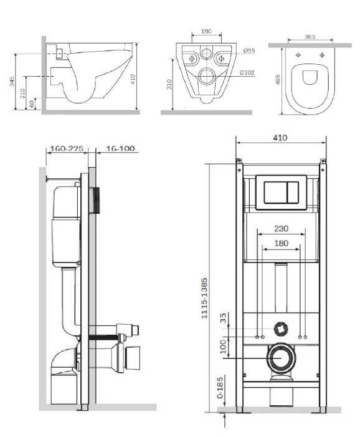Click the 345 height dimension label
pos(12,82)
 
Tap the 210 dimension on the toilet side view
pos(22,93)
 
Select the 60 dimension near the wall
pos(32,103)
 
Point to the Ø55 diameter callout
pos(249,50)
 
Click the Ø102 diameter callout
pos(247,72)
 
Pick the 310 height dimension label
pos(169,84)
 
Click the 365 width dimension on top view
pos(310,37)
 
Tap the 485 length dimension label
pos(278,79)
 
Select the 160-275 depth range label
pos(67,148)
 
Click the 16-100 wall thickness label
pos(121,148)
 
